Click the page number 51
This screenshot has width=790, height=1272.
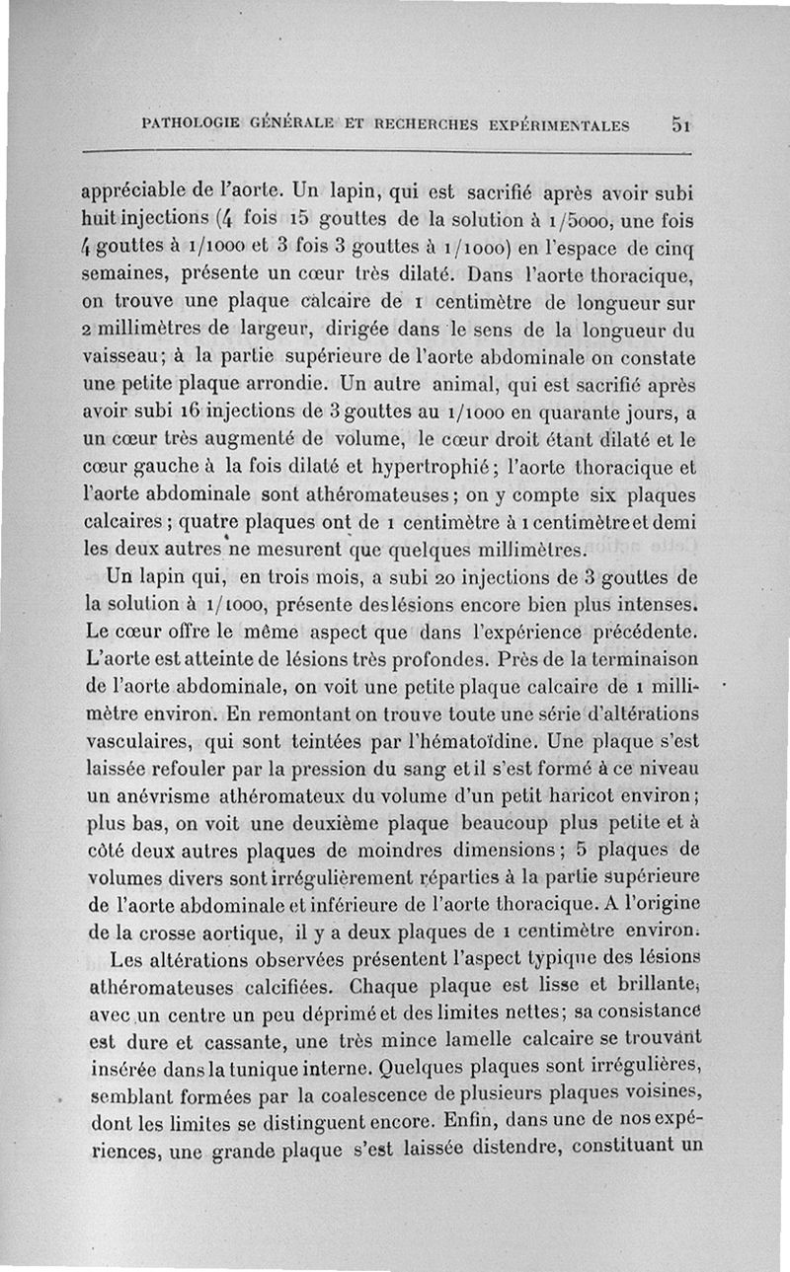tap(680, 125)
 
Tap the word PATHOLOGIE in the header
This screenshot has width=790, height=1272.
tap(190, 126)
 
